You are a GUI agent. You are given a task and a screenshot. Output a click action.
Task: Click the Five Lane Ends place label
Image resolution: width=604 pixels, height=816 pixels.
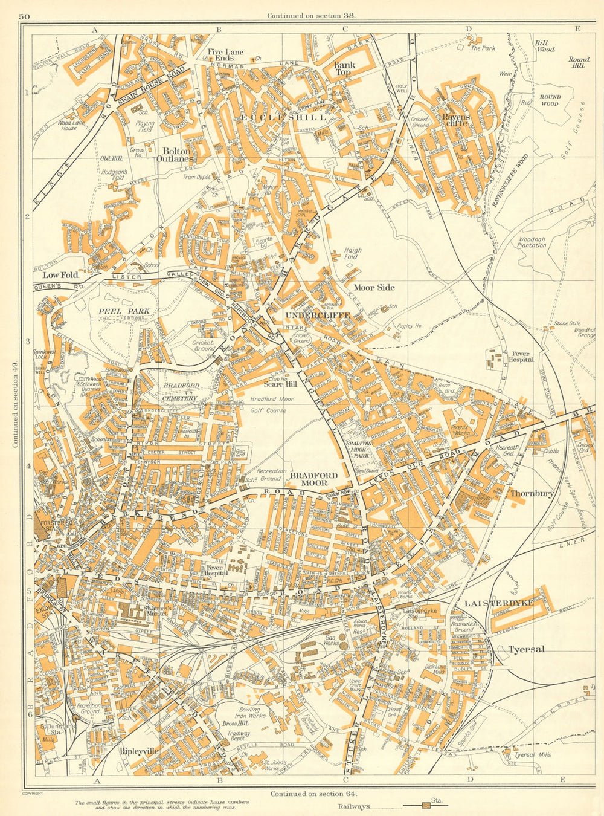coord(222,55)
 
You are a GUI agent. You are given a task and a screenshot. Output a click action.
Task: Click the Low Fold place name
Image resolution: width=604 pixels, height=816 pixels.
coord(56,274)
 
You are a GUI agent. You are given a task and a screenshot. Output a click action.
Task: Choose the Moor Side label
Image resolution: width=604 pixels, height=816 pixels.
coord(374,287)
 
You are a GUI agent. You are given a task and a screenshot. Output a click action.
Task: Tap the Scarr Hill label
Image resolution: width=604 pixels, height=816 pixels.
coord(280,384)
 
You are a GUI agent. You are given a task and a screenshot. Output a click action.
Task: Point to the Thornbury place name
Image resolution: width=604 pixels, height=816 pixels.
coord(532,493)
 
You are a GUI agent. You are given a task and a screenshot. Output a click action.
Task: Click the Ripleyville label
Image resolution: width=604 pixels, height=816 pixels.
coord(139,751)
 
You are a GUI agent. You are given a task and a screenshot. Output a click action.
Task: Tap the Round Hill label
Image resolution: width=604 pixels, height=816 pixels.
coord(578,62)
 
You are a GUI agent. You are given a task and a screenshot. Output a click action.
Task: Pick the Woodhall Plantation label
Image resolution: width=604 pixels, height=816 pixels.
coord(532,242)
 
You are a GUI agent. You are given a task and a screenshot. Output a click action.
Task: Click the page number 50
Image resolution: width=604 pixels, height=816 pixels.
coord(24,16)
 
